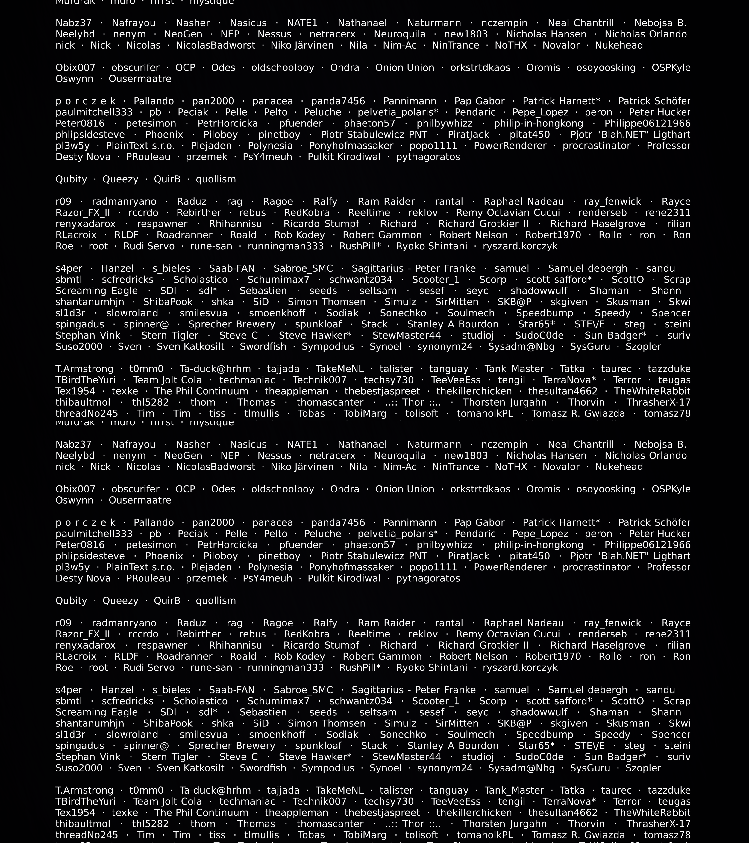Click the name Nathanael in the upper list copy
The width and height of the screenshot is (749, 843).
pos(362,23)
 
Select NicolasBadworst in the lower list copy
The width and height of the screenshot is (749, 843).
pos(216,467)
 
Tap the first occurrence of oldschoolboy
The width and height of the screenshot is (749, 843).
pos(283,68)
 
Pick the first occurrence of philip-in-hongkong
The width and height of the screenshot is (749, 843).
pos(539,123)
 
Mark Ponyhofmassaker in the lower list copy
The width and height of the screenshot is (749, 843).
pos(351,567)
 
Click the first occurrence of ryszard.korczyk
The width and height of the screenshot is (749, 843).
pos(520,246)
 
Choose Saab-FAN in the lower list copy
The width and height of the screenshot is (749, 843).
pos(232,690)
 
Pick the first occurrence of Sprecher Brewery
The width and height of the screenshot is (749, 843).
pos(232,324)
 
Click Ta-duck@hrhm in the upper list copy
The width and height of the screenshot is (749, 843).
pos(215,369)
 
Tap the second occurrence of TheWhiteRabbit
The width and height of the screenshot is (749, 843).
pos(652,812)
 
